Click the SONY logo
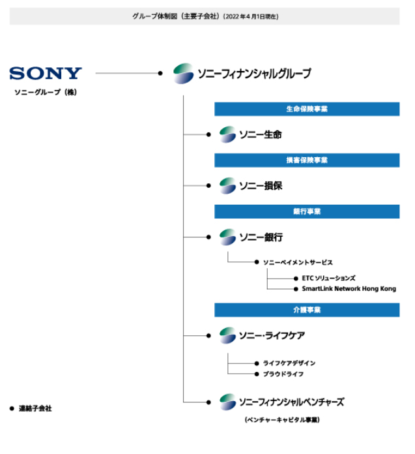(46, 73)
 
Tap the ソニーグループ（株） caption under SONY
(46, 93)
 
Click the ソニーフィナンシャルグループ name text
(254, 74)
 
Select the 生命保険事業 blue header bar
(307, 109)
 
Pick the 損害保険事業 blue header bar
(307, 160)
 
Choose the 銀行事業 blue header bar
(307, 212)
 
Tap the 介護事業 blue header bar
(307, 310)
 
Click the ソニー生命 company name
(260, 134)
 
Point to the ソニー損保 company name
(260, 186)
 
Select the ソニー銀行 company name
(260, 237)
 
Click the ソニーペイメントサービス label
(298, 262)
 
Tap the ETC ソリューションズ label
(328, 278)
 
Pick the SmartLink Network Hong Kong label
(349, 288)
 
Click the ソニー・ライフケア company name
(272, 335)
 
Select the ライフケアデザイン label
(289, 363)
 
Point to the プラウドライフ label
(283, 374)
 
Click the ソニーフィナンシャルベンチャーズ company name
(291, 402)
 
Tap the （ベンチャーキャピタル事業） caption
(281, 420)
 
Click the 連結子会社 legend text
(35, 408)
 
